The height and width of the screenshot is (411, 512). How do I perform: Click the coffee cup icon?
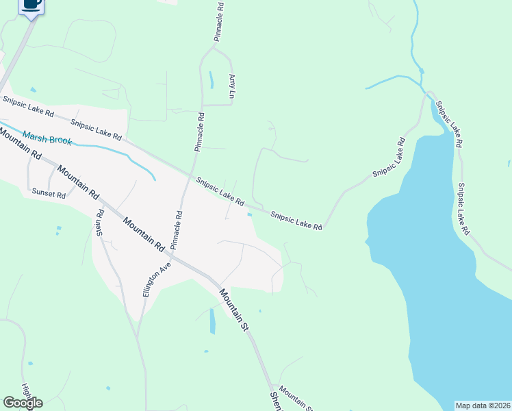(x=31, y=4)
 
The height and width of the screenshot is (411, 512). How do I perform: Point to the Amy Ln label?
(x=232, y=87)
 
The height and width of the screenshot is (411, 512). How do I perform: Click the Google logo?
(x=23, y=403)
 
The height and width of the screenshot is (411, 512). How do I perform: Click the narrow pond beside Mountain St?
(x=212, y=321)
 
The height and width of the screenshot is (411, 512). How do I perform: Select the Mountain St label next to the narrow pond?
(x=234, y=310)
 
